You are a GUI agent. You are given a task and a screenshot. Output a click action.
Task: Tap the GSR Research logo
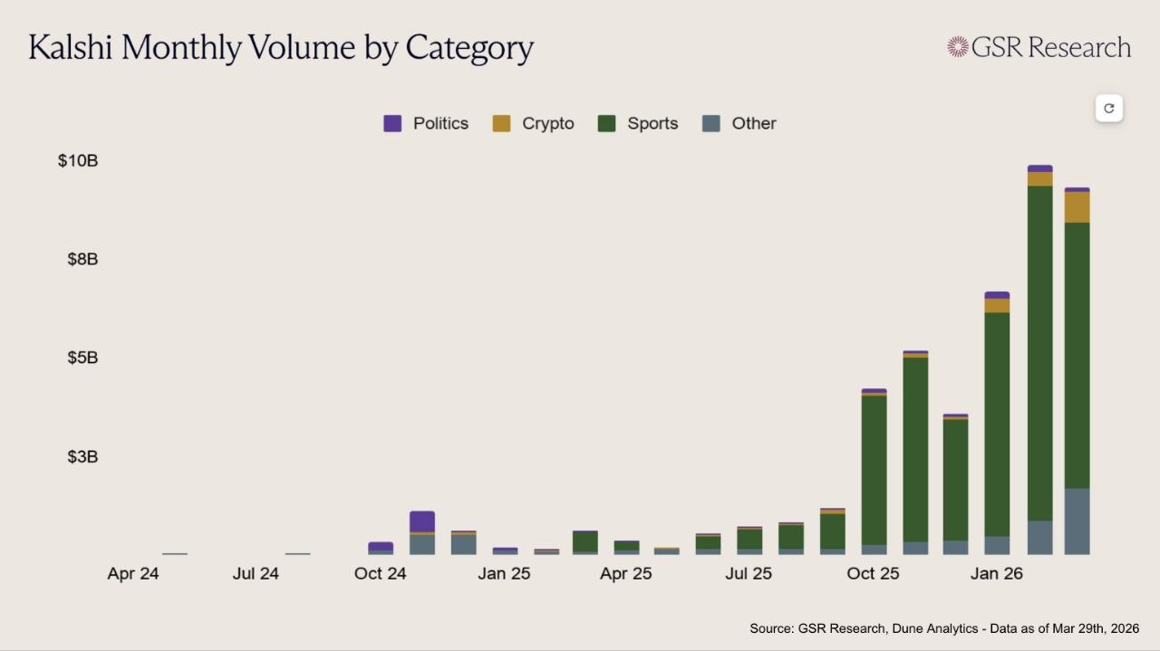coord(1039,47)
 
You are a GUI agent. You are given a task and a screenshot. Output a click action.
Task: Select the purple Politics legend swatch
coord(392,124)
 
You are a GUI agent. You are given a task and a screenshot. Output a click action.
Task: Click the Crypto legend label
coord(547,124)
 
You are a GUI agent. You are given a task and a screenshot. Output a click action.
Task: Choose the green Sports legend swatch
coord(607,124)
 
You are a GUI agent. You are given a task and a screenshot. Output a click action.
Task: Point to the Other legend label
coord(753,124)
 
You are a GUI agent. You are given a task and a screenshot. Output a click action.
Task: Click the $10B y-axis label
coord(78,161)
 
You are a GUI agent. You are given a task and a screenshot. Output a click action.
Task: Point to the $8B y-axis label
coord(82,260)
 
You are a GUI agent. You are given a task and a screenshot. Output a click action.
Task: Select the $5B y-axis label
coord(82,359)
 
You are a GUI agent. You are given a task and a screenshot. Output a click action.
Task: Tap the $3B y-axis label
coord(82,457)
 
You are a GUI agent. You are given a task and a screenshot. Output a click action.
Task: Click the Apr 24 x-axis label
coord(133,574)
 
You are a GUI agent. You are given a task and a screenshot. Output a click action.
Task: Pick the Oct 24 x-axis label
coord(381,574)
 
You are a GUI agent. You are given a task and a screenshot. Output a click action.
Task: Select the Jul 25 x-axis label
coord(749,574)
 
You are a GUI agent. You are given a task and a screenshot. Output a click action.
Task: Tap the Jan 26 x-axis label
coord(996,574)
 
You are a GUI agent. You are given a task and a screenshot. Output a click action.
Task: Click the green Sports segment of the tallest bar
coord(1039,353)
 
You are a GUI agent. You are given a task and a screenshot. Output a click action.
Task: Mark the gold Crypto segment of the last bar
coord(1077,207)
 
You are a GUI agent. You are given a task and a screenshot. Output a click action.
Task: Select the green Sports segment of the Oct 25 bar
coord(874,470)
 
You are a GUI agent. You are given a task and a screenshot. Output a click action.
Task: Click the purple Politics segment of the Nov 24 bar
coord(422,522)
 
